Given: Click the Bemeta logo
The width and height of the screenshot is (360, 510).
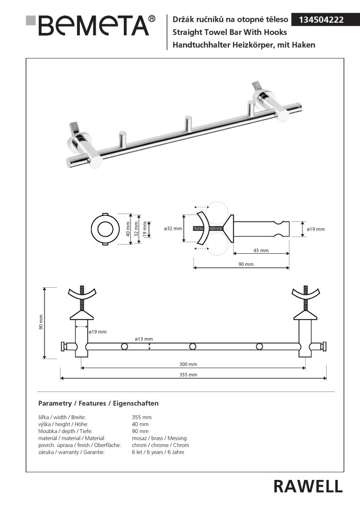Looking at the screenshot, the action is tap(90, 25).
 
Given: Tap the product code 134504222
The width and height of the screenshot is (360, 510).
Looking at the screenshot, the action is tap(321, 20).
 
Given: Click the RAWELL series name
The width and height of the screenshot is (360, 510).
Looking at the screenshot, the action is tap(308, 486).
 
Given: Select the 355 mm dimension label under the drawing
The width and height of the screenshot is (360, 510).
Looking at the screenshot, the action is tap(188, 375).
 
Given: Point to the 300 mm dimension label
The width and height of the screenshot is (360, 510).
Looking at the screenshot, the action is tap(188, 364).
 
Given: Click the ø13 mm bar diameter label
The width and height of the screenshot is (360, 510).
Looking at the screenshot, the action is tap(144, 339).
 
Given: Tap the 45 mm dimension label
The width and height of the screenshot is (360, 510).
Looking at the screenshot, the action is tap(261, 250).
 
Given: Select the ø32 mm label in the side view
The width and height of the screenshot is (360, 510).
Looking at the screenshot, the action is tap(173, 229).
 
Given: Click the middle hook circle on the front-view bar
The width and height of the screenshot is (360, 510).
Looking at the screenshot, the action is tap(193, 347).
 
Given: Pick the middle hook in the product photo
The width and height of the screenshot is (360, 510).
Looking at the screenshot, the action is tap(188, 124).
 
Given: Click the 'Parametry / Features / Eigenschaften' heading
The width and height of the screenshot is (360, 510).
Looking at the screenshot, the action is tap(98, 403).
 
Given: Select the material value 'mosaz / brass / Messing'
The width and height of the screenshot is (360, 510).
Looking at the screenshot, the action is tap(159, 438).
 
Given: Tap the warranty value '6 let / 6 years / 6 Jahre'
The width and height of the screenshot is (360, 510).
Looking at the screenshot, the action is tap(158, 452).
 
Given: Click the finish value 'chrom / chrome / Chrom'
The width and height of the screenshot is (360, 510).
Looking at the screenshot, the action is tap(161, 445).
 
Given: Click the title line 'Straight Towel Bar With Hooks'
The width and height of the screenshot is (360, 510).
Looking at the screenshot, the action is tap(230, 32).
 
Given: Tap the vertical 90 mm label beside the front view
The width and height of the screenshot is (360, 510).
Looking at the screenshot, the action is tap(41, 322).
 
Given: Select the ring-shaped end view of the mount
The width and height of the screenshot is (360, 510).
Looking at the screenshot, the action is tap(105, 229).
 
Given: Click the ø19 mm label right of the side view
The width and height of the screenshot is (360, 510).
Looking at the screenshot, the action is tap(316, 229).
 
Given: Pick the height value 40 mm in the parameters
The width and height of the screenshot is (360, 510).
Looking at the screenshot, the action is tap(140, 424).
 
